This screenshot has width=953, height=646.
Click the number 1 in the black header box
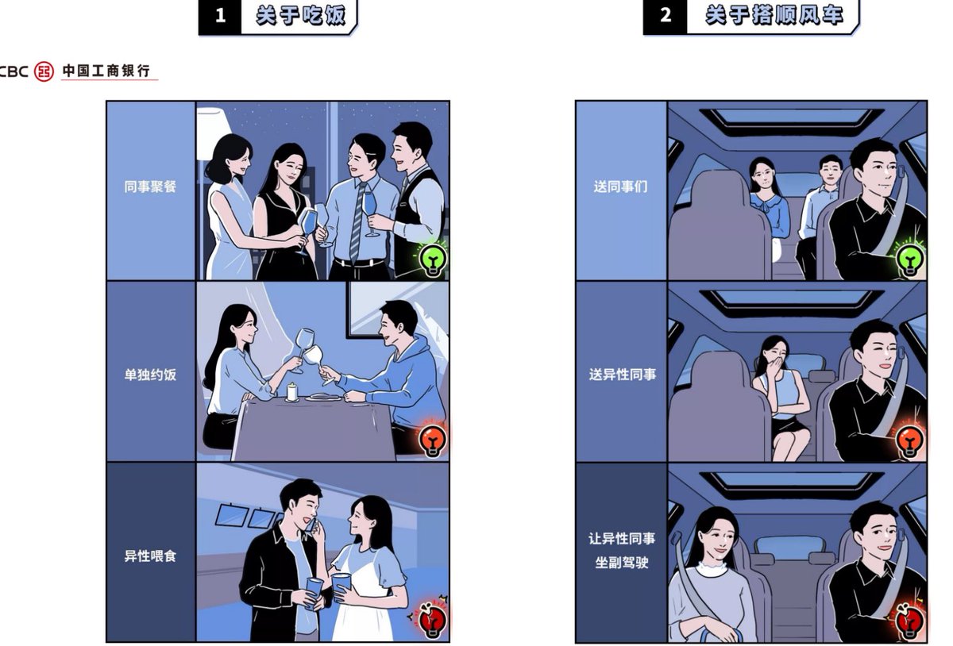221,16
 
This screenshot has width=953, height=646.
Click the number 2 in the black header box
666,15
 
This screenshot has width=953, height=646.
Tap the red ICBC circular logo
44,71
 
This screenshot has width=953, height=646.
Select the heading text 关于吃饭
301,16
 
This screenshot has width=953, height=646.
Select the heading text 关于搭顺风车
774,16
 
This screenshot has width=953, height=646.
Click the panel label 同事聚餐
150,186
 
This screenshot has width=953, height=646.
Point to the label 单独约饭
150,375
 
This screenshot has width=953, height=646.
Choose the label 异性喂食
150,556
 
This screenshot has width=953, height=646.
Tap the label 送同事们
621,186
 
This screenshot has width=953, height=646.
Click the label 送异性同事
623,375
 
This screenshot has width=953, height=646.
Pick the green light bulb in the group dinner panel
433,259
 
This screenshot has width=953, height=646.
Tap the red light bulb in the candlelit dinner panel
433,440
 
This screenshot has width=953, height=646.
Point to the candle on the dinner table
291,392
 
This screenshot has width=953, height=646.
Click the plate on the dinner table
324,398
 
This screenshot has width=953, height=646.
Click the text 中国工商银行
106,71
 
